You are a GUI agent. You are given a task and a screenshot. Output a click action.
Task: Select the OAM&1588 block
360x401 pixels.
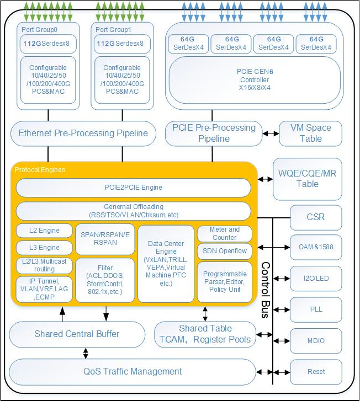[x=316, y=247]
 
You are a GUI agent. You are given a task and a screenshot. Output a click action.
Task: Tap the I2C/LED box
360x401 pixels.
[x=316, y=278]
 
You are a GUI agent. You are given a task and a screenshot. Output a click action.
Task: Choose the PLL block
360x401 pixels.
[x=316, y=309]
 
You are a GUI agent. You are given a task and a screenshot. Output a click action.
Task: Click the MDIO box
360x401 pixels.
[x=316, y=340]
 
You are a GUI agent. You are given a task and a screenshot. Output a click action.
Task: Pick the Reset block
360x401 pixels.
[x=316, y=371]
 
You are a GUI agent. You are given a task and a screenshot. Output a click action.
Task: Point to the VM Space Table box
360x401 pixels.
[x=310, y=133]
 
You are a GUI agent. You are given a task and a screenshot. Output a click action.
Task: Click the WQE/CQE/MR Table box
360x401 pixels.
[x=308, y=179]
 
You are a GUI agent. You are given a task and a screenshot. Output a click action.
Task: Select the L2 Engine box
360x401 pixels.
[x=45, y=231]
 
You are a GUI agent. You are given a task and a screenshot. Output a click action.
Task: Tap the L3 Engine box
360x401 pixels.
[x=45, y=248]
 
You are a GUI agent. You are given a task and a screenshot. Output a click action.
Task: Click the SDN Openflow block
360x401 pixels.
[x=224, y=252]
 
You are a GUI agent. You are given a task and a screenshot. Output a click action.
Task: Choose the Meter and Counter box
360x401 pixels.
[x=224, y=233]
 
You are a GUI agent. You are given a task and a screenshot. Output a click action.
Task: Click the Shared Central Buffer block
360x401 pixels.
[x=77, y=334]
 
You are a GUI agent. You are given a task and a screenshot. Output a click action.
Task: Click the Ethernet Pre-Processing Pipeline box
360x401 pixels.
[x=83, y=133]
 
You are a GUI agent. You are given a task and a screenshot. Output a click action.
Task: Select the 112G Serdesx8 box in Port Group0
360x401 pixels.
[x=49, y=43]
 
